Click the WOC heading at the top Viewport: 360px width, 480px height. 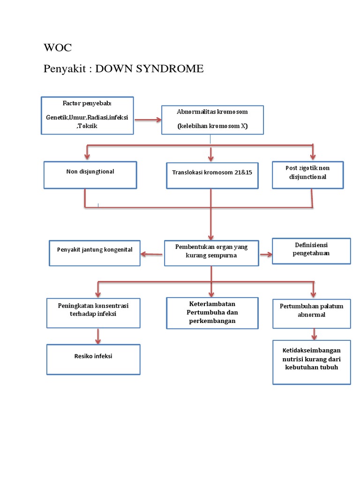pyautogui.click(x=58, y=48)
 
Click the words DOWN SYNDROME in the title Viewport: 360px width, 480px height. pyautogui.click(x=150, y=69)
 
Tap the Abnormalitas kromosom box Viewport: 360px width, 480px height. pyautogui.click(x=212, y=119)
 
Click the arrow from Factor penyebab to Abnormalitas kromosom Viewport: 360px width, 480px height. pyautogui.click(x=148, y=120)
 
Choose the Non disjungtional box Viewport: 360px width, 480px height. pyautogui.click(x=90, y=175)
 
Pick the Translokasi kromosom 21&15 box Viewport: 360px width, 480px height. pyautogui.click(x=212, y=175)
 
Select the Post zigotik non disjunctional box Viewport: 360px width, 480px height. pyautogui.click(x=307, y=174)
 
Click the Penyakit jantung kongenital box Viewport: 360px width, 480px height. pyautogui.click(x=94, y=253)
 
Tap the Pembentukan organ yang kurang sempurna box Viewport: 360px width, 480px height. pyautogui.click(x=211, y=253)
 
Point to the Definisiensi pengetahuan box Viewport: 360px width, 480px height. pyautogui.click(x=312, y=250)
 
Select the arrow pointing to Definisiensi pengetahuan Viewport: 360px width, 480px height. pyautogui.click(x=266, y=255)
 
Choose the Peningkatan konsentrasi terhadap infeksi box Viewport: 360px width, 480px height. pyautogui.click(x=93, y=313)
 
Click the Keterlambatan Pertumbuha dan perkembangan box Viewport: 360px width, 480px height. pyautogui.click(x=212, y=312)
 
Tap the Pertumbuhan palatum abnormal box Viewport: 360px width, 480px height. pyautogui.click(x=311, y=314)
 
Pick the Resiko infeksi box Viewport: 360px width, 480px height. pyautogui.click(x=93, y=359)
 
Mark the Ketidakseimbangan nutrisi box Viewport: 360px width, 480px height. pyautogui.click(x=311, y=361)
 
